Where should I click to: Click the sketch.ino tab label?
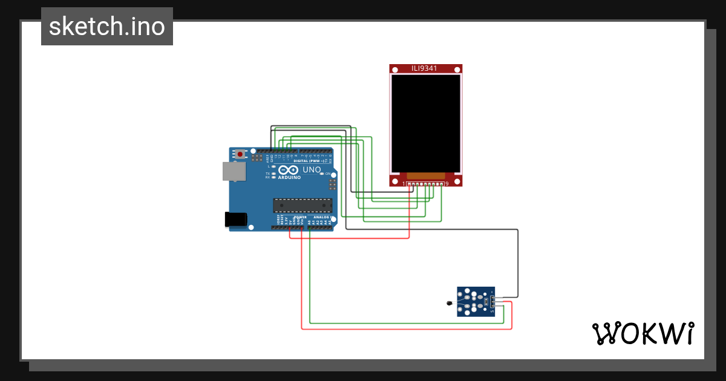tap(107, 27)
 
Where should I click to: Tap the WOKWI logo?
tap(643, 333)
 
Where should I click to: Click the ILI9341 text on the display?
tap(424, 69)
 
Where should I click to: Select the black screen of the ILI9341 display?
tap(425, 123)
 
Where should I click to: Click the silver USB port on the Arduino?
tap(234, 172)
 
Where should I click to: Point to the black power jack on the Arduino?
tap(237, 219)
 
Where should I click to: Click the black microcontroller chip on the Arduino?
tap(302, 206)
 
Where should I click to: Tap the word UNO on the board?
tap(312, 171)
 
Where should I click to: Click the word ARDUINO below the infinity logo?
tap(290, 178)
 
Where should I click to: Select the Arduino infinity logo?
tap(289, 171)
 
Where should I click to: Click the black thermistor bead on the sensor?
tap(449, 304)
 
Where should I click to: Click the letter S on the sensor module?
tap(492, 311)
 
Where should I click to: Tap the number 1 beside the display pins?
tap(404, 183)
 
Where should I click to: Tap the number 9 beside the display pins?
tap(446, 183)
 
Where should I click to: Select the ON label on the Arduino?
tap(329, 174)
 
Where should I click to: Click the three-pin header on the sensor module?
tap(494, 302)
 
